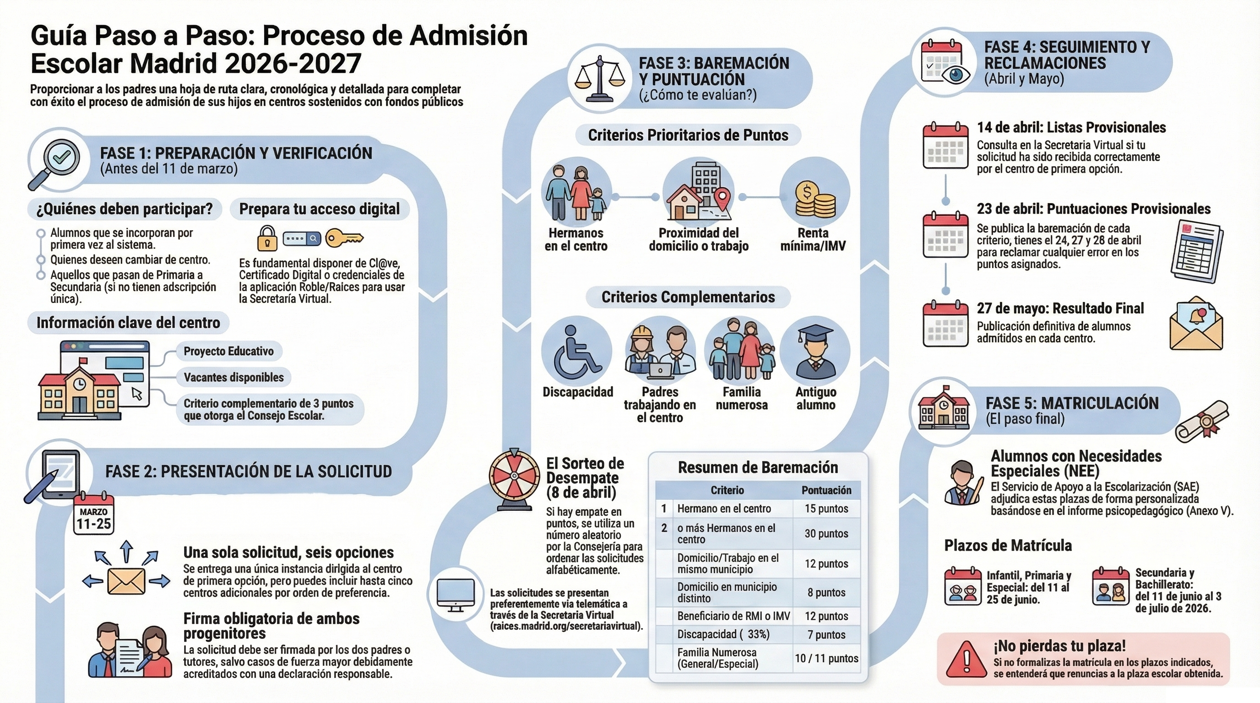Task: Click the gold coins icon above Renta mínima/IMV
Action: pyautogui.click(x=815, y=198)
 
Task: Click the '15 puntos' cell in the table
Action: pyautogui.click(x=826, y=508)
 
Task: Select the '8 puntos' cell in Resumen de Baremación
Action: pyautogui.click(x=826, y=593)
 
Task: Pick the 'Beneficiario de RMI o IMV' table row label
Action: pyautogui.click(x=733, y=616)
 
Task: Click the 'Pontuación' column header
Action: pyautogui.click(x=826, y=490)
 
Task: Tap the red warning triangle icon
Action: pyautogui.click(x=966, y=660)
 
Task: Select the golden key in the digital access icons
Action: pyautogui.click(x=344, y=238)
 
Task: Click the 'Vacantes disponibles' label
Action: pyautogui.click(x=234, y=378)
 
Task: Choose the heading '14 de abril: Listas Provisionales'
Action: pyautogui.click(x=1071, y=128)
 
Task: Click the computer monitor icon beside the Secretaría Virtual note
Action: pyautogui.click(x=455, y=594)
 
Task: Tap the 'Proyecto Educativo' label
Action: pyautogui.click(x=228, y=351)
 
